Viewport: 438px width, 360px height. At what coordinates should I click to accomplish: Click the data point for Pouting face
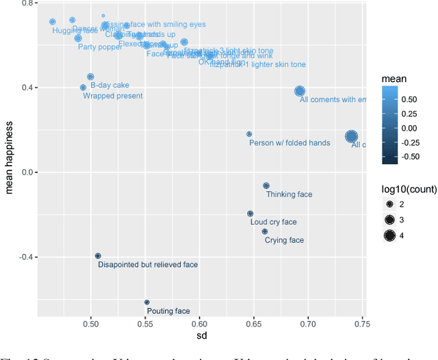[146, 302]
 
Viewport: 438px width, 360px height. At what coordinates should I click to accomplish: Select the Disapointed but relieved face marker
[98, 255]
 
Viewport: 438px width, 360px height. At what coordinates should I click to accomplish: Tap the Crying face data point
[265, 231]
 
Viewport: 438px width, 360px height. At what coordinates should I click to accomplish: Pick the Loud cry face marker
[250, 214]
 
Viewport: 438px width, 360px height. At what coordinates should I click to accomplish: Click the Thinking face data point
[266, 185]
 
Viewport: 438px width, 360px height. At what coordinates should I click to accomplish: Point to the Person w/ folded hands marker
[249, 134]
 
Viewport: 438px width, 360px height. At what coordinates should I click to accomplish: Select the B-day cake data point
[90, 77]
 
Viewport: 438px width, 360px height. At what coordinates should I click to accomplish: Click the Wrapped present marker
[83, 88]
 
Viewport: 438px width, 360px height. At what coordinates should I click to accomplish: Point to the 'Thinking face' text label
[289, 195]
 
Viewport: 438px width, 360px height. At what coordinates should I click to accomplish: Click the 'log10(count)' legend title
[407, 188]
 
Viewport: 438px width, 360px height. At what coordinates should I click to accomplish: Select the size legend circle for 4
[390, 237]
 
